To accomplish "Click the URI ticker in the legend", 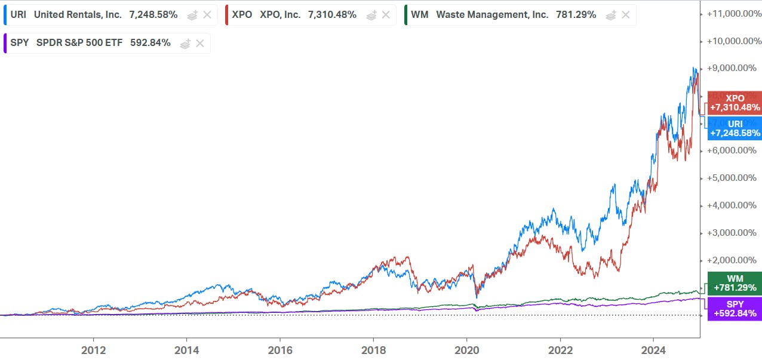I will pos(17,15).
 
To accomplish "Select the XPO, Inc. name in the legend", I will pos(280,15).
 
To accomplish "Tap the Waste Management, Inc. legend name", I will pos(492,15).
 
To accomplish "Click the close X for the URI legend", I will pos(207,15).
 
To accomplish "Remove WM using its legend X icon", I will pos(625,15).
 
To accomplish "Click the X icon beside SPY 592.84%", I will pos(200,43).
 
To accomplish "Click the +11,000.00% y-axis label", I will pos(733,13).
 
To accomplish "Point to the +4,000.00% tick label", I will pos(733,205).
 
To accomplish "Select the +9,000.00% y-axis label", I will pos(733,68).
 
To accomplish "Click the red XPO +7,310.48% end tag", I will pos(735,103).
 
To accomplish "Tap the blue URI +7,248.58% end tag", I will pos(735,128).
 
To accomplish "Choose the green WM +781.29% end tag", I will pos(735,284).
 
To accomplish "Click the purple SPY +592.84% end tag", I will pos(735,309).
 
